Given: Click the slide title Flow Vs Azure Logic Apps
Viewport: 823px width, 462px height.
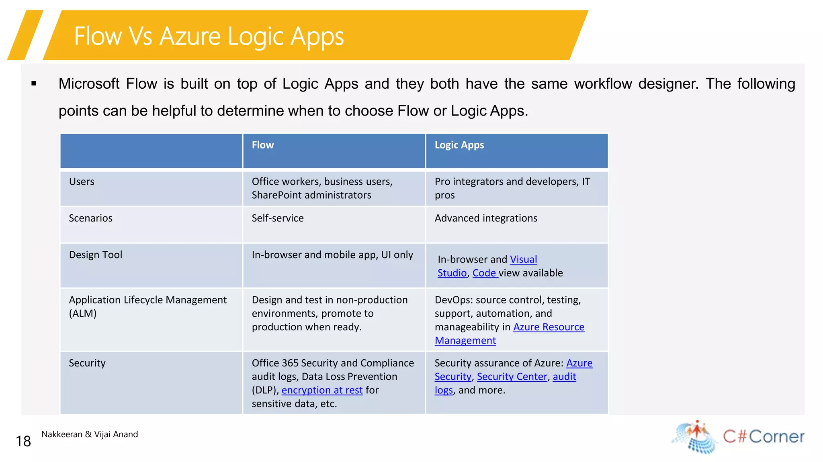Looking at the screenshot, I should click(209, 36).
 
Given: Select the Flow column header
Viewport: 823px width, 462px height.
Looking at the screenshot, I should click(262, 145).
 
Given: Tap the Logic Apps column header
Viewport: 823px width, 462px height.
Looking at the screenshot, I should click(459, 145).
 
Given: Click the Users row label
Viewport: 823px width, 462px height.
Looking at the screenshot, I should click(82, 181).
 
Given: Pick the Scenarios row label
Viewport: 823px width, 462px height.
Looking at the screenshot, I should click(90, 218).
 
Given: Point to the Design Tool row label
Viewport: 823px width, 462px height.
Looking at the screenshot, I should click(95, 254).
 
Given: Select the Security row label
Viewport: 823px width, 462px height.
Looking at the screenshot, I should click(87, 363).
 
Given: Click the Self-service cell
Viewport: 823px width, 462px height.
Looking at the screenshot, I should click(277, 218).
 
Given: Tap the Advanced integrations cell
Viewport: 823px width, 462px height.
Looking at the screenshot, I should click(485, 218).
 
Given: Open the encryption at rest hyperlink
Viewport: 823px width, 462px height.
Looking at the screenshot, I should click(322, 390).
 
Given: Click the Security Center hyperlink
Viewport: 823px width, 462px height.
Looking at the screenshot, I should click(512, 377).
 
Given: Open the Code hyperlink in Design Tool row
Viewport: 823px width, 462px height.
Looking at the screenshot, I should click(484, 273).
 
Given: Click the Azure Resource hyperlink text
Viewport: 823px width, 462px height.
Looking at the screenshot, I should click(549, 327).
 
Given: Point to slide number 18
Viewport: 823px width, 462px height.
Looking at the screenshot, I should click(23, 441).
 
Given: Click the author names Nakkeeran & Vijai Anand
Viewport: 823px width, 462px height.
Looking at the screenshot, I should click(89, 434).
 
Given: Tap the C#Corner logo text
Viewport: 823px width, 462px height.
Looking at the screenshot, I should click(763, 436).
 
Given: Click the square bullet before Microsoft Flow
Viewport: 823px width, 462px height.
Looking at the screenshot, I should click(34, 84).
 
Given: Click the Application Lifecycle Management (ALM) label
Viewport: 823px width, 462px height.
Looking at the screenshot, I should click(147, 306).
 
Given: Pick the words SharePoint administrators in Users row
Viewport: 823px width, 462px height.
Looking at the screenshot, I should click(311, 195).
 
